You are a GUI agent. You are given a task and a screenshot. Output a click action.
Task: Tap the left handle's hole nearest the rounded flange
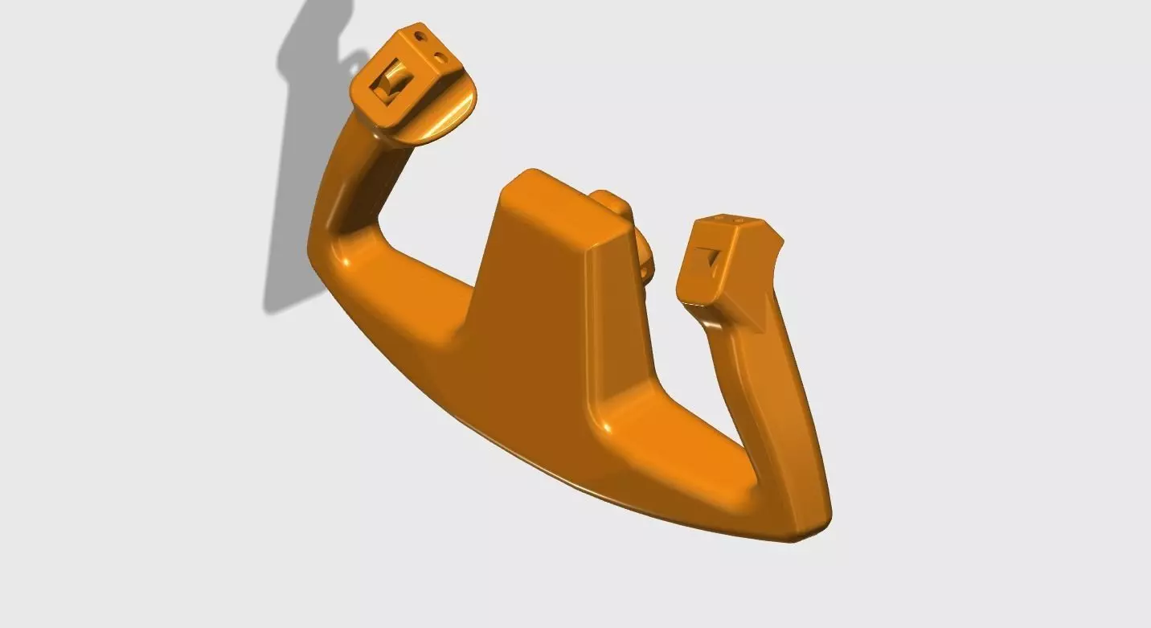click(441, 58)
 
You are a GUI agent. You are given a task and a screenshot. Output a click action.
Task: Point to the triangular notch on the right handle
click(710, 259)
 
